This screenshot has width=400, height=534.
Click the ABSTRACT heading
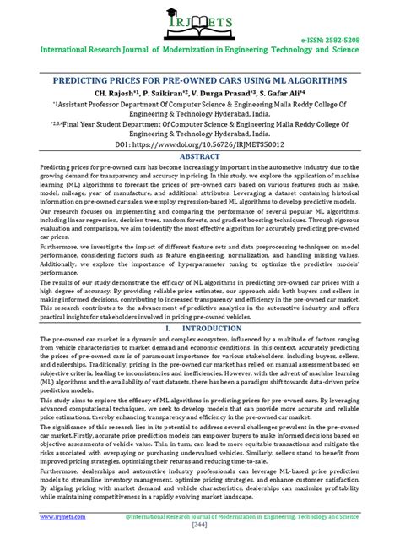click(200, 156)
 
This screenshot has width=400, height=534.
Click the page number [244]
click(200, 523)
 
